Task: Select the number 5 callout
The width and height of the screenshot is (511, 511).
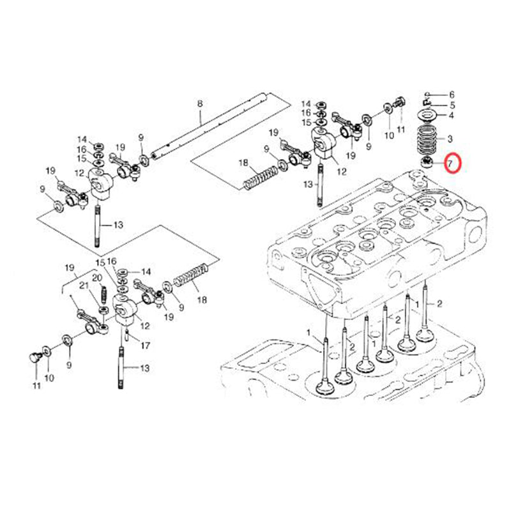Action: tap(452, 105)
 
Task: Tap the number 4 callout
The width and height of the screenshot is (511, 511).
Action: tap(451, 116)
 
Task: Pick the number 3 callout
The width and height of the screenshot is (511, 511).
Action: tap(450, 139)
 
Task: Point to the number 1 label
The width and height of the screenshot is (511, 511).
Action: tap(309, 333)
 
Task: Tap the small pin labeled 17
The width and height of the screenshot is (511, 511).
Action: tap(128, 334)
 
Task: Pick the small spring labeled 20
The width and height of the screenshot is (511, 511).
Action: tap(102, 296)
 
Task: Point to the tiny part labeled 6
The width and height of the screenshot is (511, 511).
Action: tap(426, 95)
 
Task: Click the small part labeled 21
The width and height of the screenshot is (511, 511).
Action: tap(103, 310)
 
